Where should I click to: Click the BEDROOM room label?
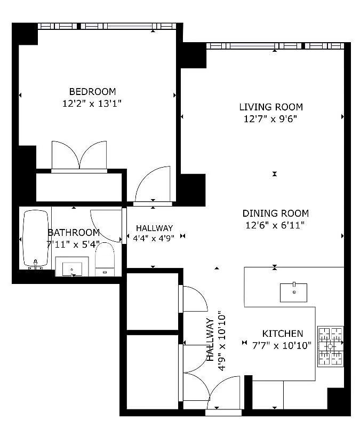[x=92, y=91]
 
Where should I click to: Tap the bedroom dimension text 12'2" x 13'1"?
[x=92, y=104]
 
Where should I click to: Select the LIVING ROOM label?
[x=270, y=107]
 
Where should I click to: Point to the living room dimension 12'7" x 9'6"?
[x=270, y=119]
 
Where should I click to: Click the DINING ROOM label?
[x=275, y=213]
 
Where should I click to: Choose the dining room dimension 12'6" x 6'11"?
[x=275, y=225]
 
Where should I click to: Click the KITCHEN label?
[x=282, y=333]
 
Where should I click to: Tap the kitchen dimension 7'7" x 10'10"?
[x=282, y=345]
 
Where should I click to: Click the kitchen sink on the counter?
[x=293, y=292]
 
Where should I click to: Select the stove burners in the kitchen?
[x=330, y=346]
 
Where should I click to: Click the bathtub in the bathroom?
[x=36, y=238]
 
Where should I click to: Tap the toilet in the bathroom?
[x=105, y=260]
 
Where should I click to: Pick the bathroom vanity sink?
[x=72, y=266]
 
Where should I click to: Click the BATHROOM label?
[x=74, y=233]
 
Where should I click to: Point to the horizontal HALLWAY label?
[x=154, y=228]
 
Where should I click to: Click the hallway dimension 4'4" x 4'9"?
[x=154, y=238]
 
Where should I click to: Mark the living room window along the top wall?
[x=274, y=46]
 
